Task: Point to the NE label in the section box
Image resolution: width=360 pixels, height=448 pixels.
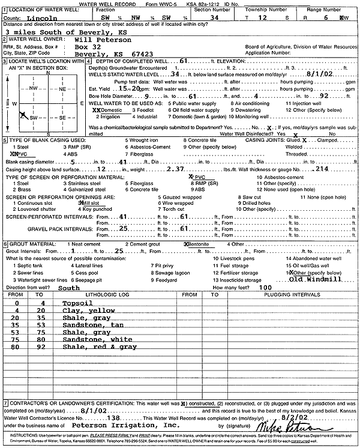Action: point(62,89)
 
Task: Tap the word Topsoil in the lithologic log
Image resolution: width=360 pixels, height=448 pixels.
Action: point(77,304)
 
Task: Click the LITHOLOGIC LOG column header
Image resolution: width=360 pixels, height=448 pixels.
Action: point(106,295)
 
